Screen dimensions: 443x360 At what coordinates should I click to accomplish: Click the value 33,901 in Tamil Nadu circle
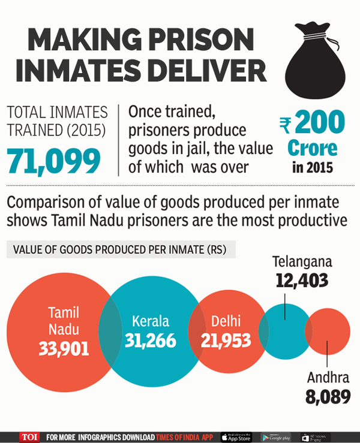pos(62,347)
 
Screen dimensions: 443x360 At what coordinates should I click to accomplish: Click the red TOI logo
pos(29,436)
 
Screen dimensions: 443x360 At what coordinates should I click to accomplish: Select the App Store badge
pos(236,436)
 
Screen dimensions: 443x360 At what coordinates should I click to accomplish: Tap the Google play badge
pos(275,436)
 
